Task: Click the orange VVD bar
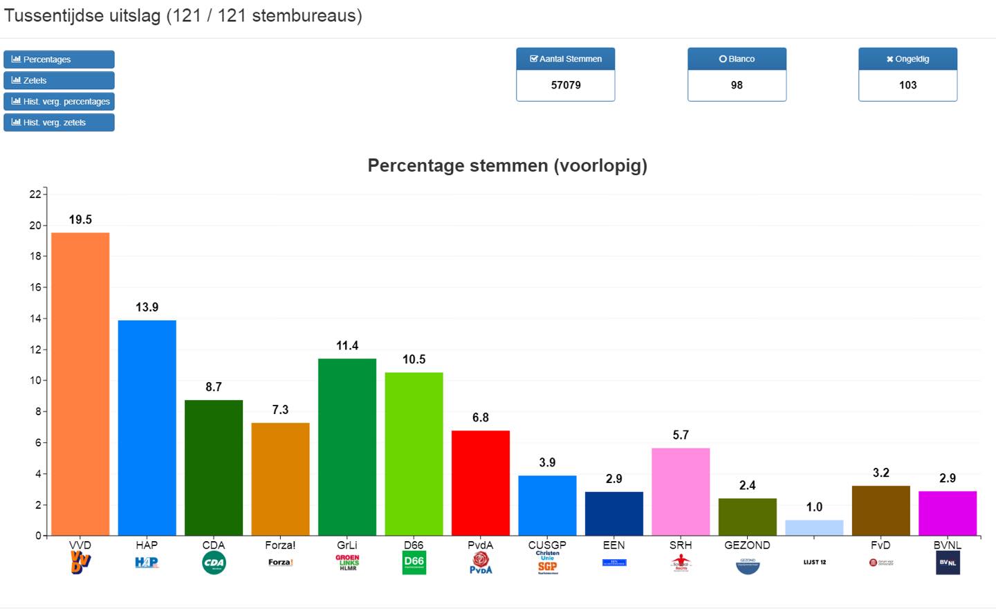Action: pyautogui.click(x=80, y=384)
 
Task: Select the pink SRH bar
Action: pyautogui.click(x=681, y=491)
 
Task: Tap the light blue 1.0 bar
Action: pyautogui.click(x=814, y=527)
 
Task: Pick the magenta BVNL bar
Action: pyautogui.click(x=948, y=513)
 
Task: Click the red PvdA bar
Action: pyautogui.click(x=481, y=482)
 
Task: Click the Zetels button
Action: pyautogui.click(x=59, y=80)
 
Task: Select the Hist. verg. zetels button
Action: pyautogui.click(x=59, y=122)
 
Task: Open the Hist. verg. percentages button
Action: pyautogui.click(x=59, y=102)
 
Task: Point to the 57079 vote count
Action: pyautogui.click(x=566, y=85)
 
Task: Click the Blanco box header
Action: pyautogui.click(x=737, y=59)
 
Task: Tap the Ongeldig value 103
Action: pyautogui.click(x=907, y=85)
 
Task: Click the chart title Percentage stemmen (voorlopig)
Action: pyautogui.click(x=507, y=165)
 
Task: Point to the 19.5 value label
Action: pyautogui.click(x=80, y=219)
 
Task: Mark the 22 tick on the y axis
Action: pyautogui.click(x=35, y=194)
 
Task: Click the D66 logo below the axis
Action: pyautogui.click(x=414, y=563)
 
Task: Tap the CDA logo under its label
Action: pyautogui.click(x=214, y=563)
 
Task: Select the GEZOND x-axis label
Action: pyautogui.click(x=747, y=545)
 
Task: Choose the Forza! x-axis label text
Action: pyautogui.click(x=280, y=545)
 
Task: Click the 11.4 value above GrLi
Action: pyautogui.click(x=347, y=345)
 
